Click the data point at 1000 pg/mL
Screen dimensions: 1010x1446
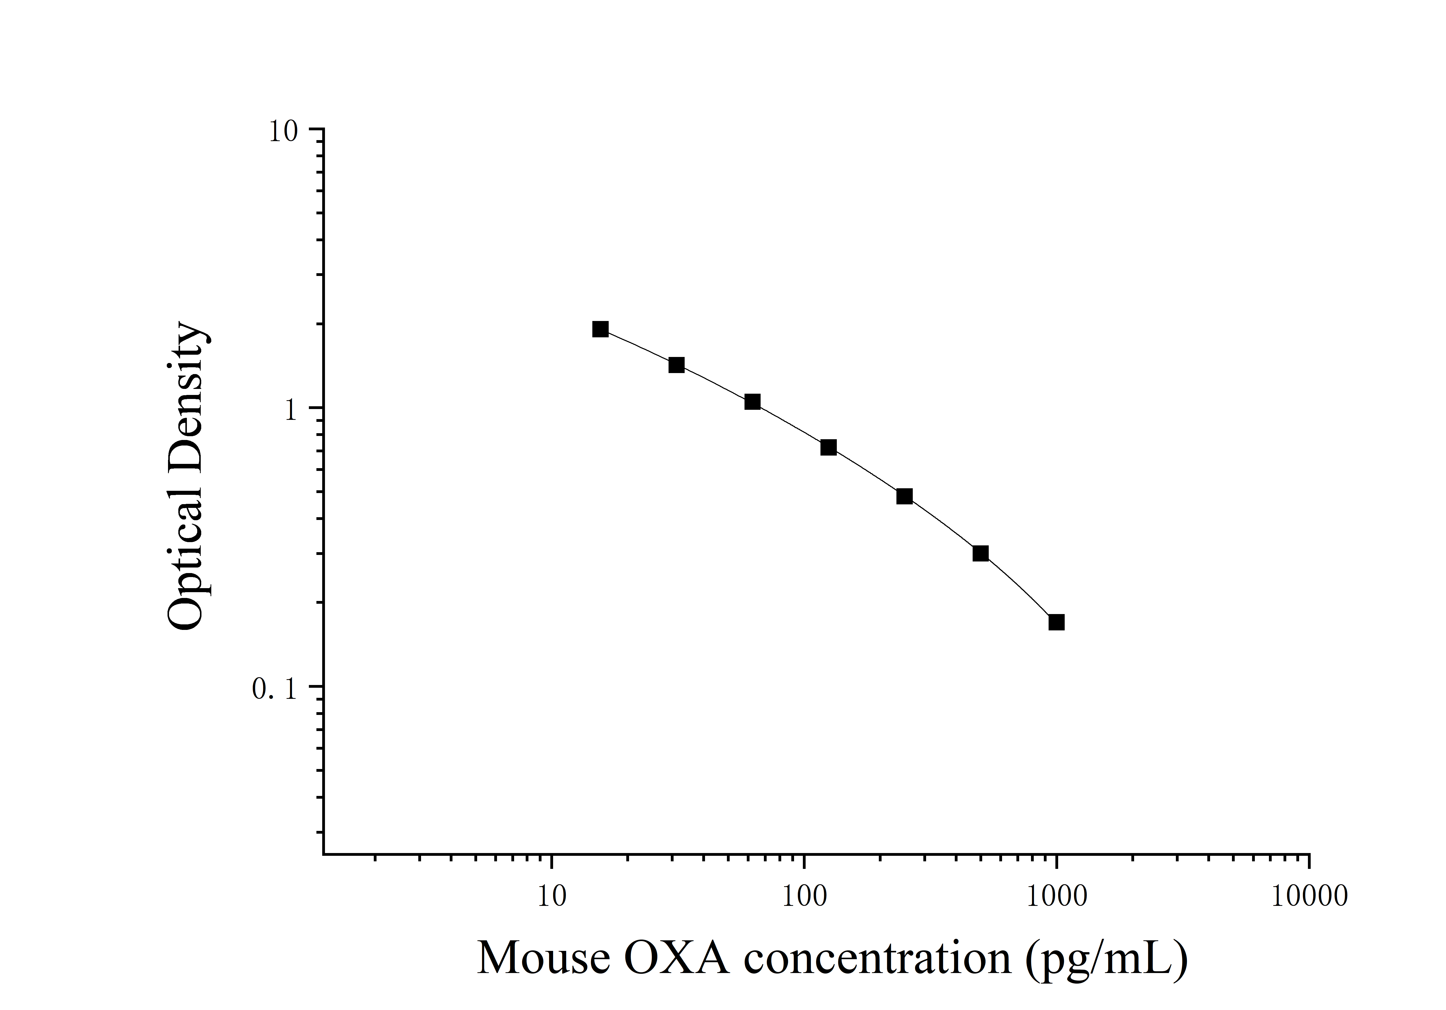point(1056,623)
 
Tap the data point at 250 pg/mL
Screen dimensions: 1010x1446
point(904,497)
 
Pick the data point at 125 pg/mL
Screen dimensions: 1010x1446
point(829,447)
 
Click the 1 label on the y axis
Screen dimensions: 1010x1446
point(290,411)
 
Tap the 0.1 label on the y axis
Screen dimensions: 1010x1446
point(274,689)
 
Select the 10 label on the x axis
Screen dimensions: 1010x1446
point(552,896)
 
